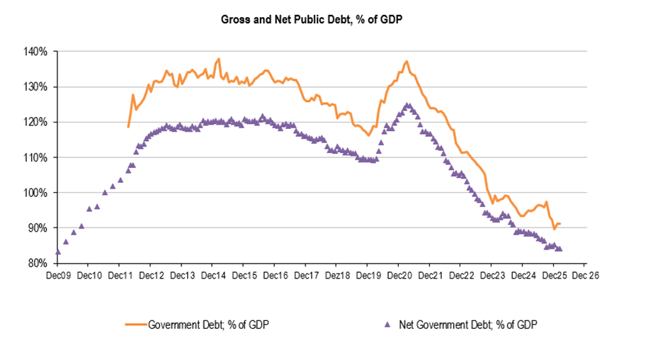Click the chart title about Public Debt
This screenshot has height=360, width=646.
pos(312,19)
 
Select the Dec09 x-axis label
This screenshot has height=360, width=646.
pos(58,276)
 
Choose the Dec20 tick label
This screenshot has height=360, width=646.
pos(398,276)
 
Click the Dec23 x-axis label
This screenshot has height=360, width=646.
pos(491,276)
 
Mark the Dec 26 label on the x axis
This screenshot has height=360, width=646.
pos(585,276)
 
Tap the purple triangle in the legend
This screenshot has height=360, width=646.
pos(387,325)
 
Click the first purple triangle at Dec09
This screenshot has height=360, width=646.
pos(57,252)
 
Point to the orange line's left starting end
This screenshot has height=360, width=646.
pos(128,127)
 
